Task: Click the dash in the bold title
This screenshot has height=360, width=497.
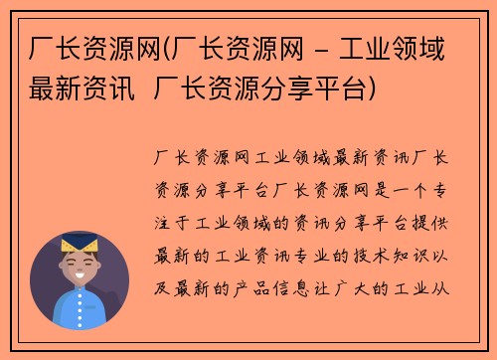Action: click(325, 48)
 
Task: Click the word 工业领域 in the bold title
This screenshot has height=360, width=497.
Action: click(401, 48)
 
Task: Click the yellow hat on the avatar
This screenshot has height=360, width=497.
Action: click(79, 242)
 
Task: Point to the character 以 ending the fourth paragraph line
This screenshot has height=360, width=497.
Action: click(444, 256)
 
